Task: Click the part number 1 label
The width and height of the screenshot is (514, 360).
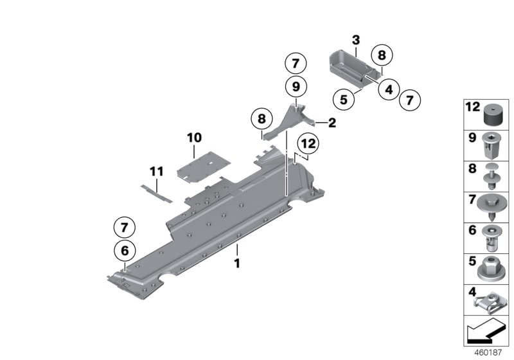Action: (236, 263)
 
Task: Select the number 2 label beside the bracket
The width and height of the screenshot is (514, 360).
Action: (332, 123)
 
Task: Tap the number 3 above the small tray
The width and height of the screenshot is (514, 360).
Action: (356, 40)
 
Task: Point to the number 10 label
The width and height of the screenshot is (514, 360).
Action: (194, 138)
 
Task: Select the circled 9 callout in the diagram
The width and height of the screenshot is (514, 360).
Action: (296, 85)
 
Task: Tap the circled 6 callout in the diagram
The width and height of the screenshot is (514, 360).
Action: (124, 250)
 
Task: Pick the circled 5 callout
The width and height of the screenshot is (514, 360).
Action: (344, 99)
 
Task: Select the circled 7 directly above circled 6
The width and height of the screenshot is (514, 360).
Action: (124, 226)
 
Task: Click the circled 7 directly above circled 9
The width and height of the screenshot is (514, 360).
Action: (296, 63)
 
